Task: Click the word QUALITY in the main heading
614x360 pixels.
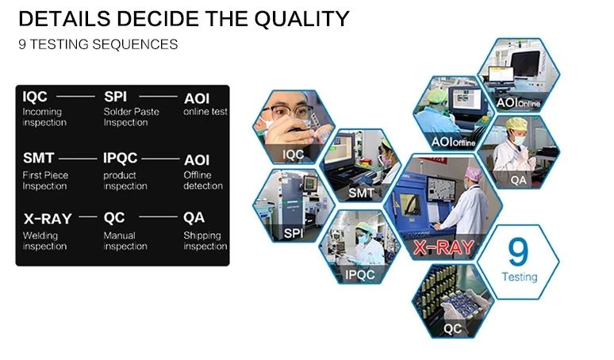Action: [x=301, y=19]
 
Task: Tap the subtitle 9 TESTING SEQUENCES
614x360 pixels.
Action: [x=98, y=44]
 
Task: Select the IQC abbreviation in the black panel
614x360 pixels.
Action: [x=35, y=97]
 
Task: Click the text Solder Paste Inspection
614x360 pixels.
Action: [x=131, y=117]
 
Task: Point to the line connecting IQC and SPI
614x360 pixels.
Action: [x=75, y=96]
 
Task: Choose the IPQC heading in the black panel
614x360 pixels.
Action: [x=121, y=158]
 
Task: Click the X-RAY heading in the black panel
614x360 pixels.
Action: [x=48, y=219]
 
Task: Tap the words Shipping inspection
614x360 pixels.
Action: [x=205, y=240]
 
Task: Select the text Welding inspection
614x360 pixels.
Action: [x=44, y=240]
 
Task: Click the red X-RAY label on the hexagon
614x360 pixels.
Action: [x=443, y=247]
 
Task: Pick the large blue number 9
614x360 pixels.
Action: [x=518, y=252]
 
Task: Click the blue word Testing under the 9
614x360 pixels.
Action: [x=520, y=277]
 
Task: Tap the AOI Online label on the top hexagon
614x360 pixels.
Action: [x=518, y=103]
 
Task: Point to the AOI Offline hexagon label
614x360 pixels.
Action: [x=453, y=142]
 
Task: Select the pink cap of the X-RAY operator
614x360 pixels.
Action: [x=474, y=174]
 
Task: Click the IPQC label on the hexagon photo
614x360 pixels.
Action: [x=360, y=275]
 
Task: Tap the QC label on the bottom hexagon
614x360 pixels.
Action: [x=452, y=329]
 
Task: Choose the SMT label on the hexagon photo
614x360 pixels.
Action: [x=361, y=193]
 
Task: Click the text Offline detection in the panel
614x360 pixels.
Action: [x=203, y=180]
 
